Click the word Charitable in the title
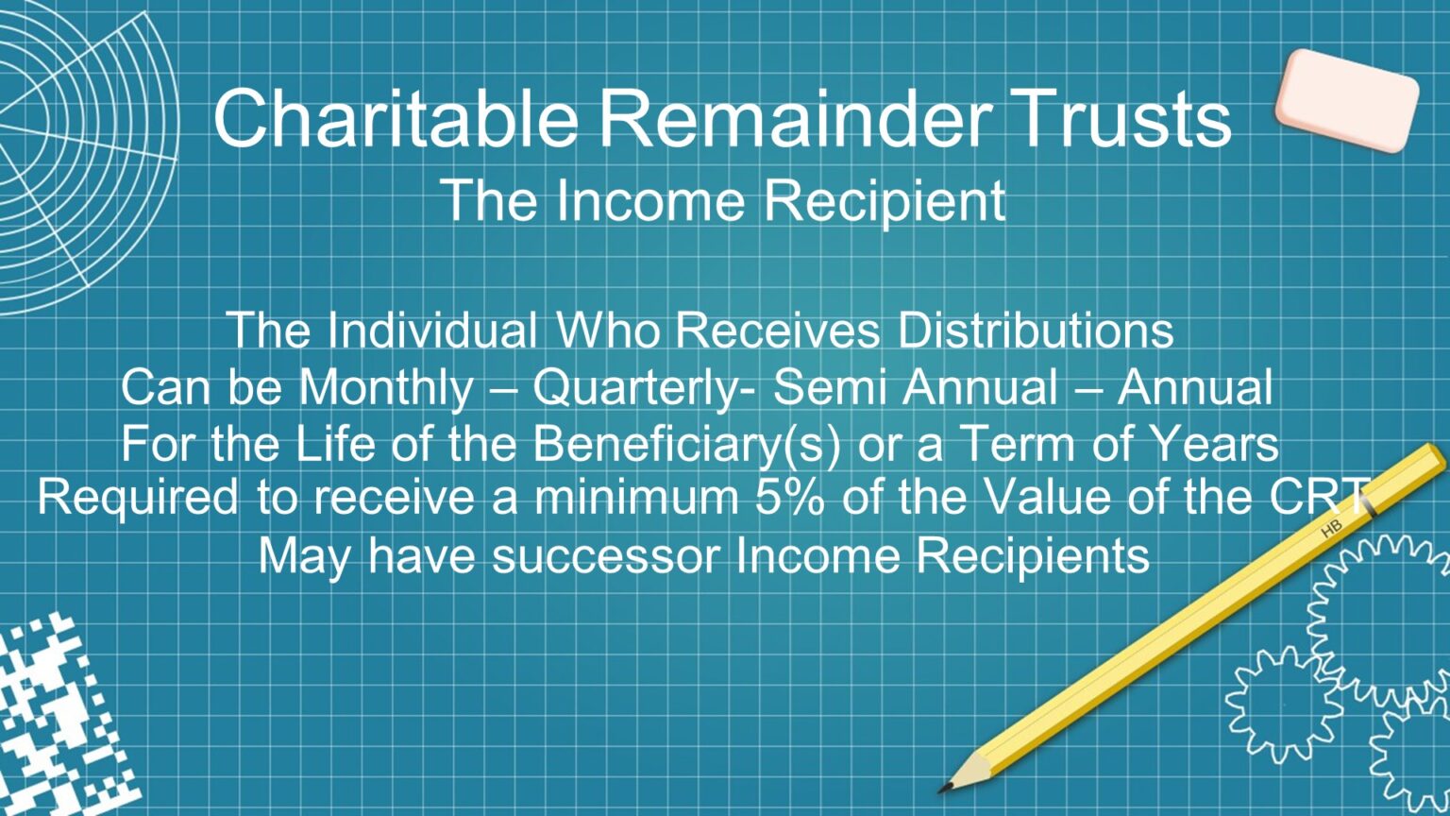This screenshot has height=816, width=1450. coord(395,118)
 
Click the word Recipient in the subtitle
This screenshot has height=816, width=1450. coord(885,200)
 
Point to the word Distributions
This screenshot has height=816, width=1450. coord(1035,330)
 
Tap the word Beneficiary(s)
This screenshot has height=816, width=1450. coord(686,445)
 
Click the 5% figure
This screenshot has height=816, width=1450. coord(791,498)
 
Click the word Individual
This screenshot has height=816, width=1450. coord(433,330)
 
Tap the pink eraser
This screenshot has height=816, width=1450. coord(1346,99)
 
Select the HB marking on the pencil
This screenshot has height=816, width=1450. coord(1331,530)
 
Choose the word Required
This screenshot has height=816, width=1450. coord(138,499)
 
